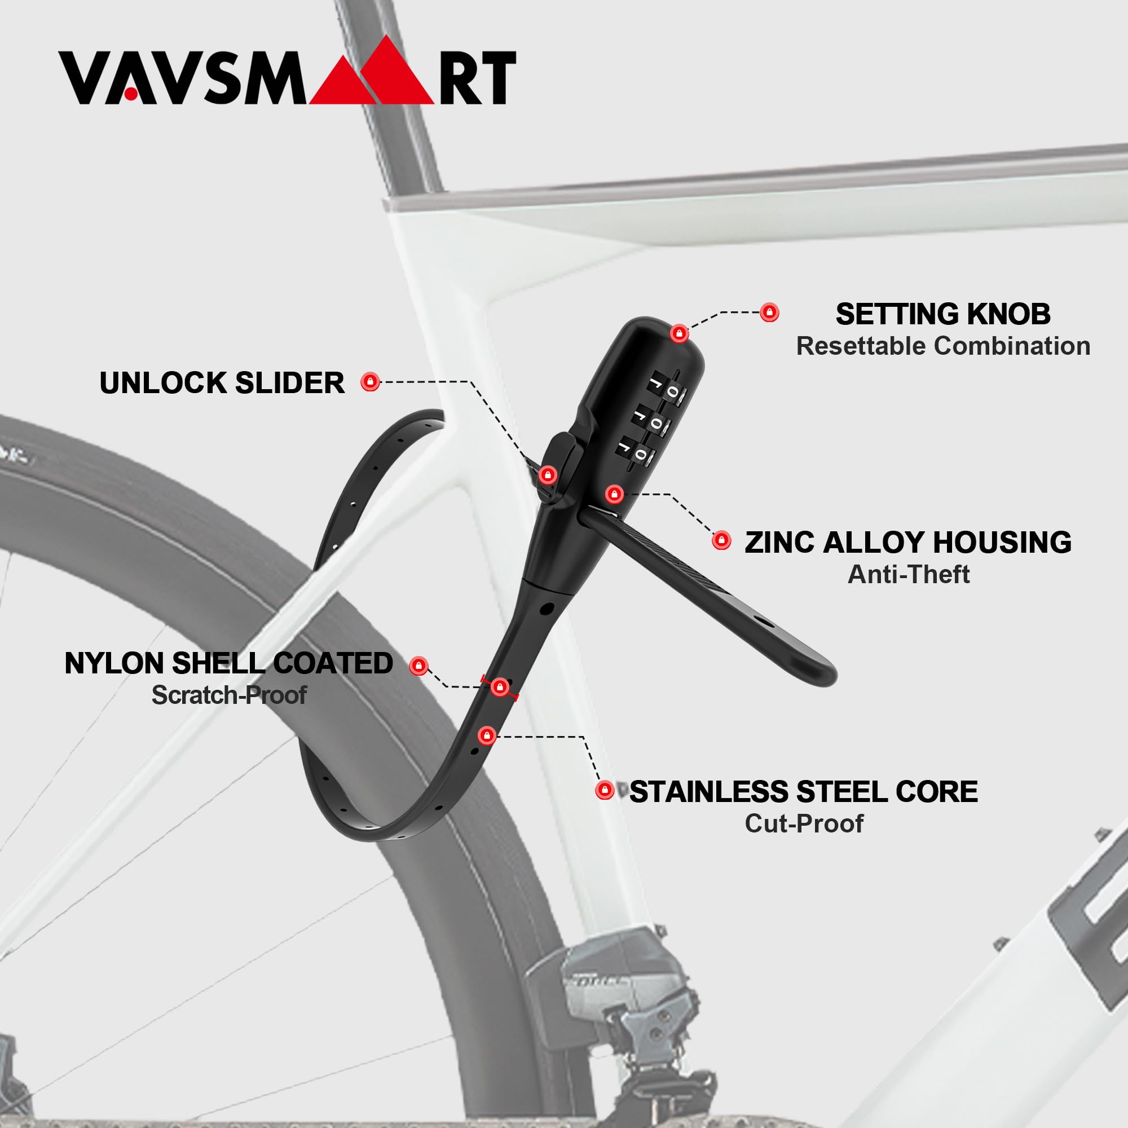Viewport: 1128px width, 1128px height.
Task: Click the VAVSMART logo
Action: click(x=287, y=70)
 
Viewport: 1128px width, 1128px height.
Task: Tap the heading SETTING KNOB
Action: click(x=943, y=314)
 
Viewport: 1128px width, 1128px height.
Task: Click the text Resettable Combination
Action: click(x=943, y=346)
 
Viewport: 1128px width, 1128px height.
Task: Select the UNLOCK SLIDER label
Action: click(x=222, y=383)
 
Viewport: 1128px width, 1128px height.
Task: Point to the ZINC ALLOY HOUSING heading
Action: click(x=908, y=543)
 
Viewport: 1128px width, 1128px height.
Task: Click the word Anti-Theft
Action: click(x=909, y=575)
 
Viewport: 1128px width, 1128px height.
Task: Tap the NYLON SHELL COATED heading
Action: click(x=229, y=663)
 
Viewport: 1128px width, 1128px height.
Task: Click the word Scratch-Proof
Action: click(x=229, y=695)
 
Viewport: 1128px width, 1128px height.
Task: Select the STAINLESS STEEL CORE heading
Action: click(x=803, y=792)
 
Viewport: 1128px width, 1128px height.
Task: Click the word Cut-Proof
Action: click(x=804, y=824)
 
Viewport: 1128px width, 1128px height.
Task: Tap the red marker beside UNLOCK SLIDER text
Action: click(x=370, y=382)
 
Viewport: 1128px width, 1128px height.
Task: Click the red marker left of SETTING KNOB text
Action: click(x=769, y=312)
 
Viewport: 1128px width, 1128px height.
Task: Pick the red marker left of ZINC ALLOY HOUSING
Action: click(x=722, y=540)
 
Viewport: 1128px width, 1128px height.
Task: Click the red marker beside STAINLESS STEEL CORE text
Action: click(x=604, y=791)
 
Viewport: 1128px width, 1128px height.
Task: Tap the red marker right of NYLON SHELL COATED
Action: click(x=418, y=666)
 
